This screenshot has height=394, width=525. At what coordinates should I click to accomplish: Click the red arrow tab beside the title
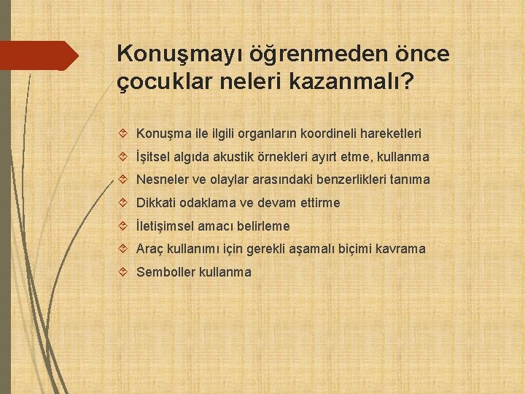click(x=40, y=55)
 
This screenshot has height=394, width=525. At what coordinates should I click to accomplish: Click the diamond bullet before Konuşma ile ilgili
click(x=122, y=134)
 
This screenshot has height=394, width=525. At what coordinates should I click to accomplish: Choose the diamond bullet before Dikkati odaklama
click(x=122, y=203)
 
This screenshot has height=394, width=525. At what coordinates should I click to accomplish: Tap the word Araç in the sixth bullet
click(x=149, y=249)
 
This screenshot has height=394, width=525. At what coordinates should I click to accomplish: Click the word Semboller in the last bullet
click(x=166, y=272)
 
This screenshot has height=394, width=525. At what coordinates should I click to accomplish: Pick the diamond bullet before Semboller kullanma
click(x=122, y=272)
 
